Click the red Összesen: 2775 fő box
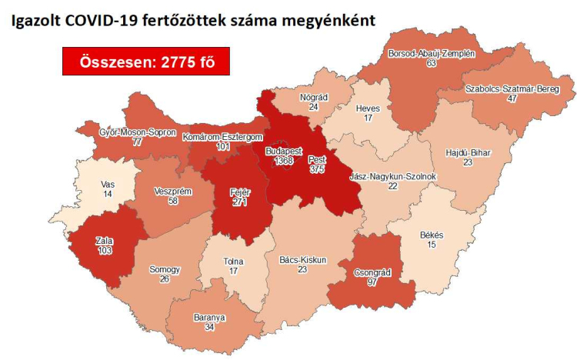click(145, 62)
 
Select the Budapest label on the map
click(282, 150)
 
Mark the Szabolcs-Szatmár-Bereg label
click(502, 89)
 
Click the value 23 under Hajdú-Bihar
click(467, 163)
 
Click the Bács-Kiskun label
click(302, 260)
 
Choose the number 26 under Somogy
click(165, 280)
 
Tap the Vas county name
click(108, 185)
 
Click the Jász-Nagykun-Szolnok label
click(392, 176)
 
